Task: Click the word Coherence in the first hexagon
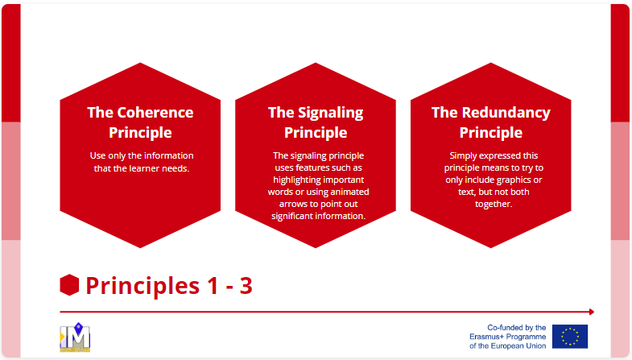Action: point(155,113)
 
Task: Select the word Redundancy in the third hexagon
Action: point(506,114)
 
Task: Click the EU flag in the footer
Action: point(569,336)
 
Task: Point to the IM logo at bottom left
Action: point(75,337)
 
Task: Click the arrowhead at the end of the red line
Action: point(592,312)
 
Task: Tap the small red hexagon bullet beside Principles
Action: point(69,285)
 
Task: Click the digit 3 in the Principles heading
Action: point(246,286)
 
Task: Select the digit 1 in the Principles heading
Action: point(213,286)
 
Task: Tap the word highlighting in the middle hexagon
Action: point(298,180)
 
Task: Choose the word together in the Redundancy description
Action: point(494,205)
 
